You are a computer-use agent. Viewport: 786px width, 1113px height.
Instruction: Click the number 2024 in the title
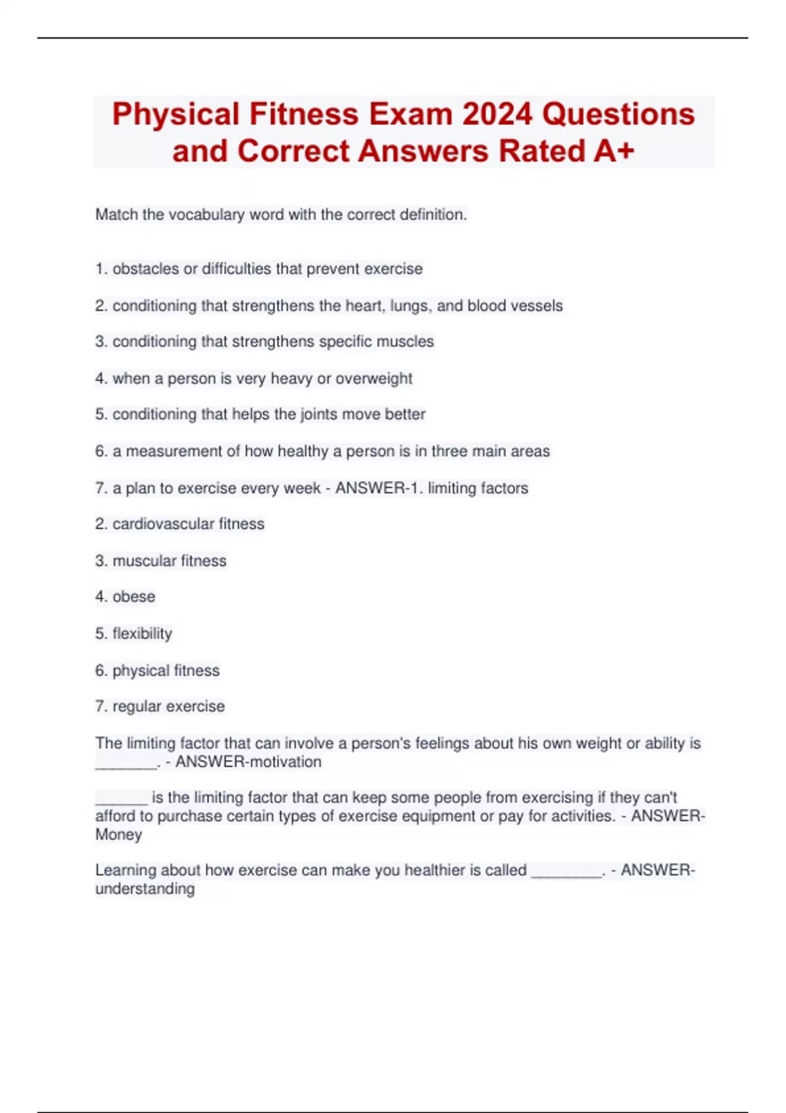(497, 115)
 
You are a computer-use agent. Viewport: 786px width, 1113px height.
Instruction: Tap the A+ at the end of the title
(614, 151)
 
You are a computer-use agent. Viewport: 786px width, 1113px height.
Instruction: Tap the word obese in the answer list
(134, 596)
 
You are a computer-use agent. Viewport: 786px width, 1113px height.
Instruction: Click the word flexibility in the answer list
(142, 633)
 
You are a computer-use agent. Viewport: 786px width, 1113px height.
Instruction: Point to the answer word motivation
(282, 762)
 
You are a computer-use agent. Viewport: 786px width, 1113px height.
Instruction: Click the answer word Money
(119, 835)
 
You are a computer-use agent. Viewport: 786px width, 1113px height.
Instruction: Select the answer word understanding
(145, 889)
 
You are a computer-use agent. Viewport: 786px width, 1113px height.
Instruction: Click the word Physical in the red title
(175, 115)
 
